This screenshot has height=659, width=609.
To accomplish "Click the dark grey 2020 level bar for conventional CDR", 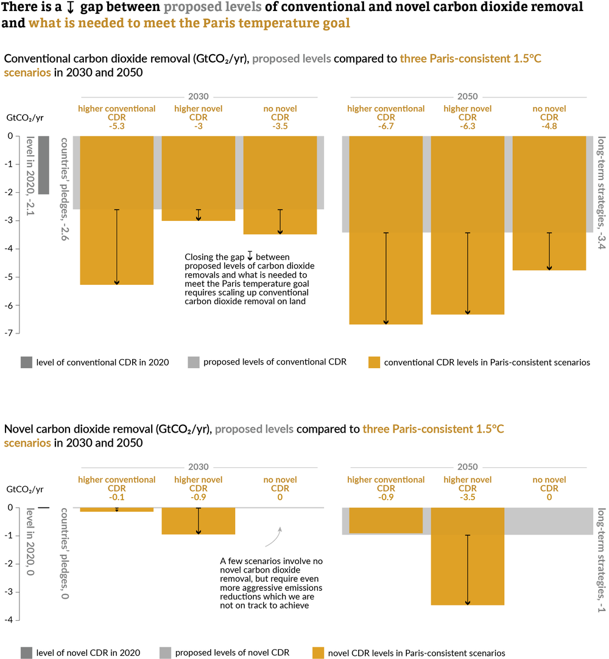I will [x=43, y=165].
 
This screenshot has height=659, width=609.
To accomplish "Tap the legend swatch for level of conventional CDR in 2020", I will [x=26, y=362].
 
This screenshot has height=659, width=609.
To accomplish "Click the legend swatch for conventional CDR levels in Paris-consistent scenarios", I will [x=374, y=362].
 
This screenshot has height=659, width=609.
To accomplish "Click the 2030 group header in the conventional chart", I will [x=198, y=96].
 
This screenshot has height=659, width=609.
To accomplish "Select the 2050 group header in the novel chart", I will [x=468, y=467].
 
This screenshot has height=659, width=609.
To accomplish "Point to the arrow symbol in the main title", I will [x=71, y=8].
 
